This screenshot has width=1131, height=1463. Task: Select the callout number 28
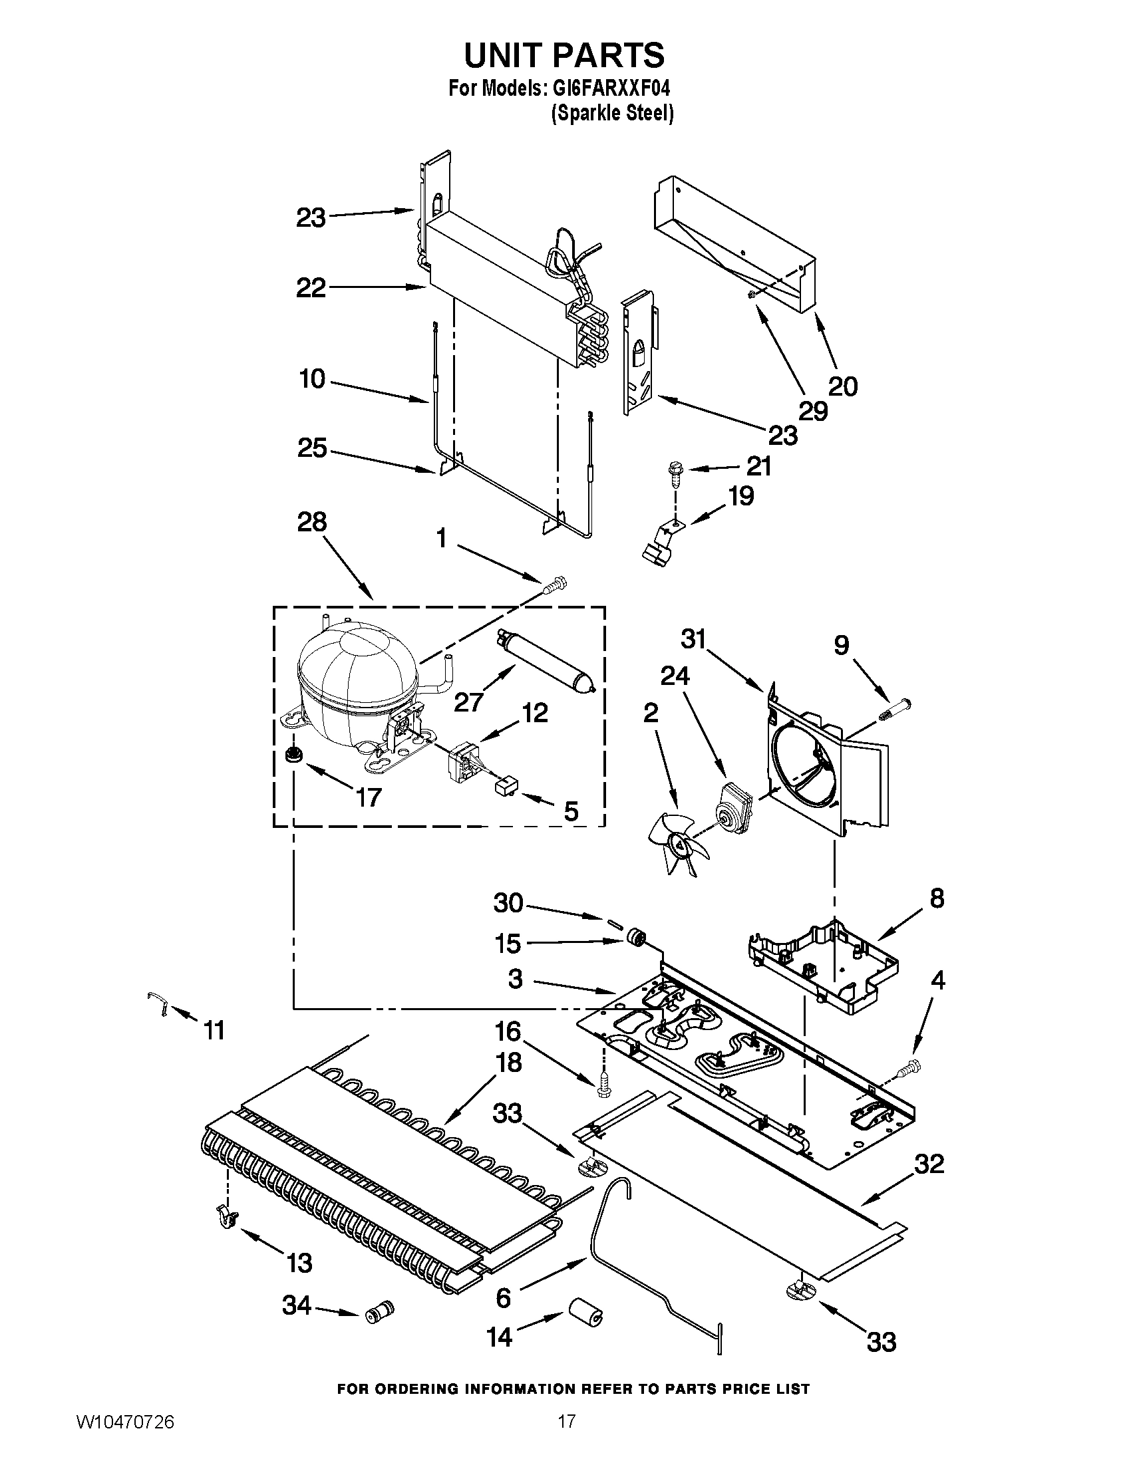[x=311, y=522]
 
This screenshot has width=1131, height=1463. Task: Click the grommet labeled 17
[x=292, y=754]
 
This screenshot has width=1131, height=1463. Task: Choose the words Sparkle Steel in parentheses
[x=611, y=114]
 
